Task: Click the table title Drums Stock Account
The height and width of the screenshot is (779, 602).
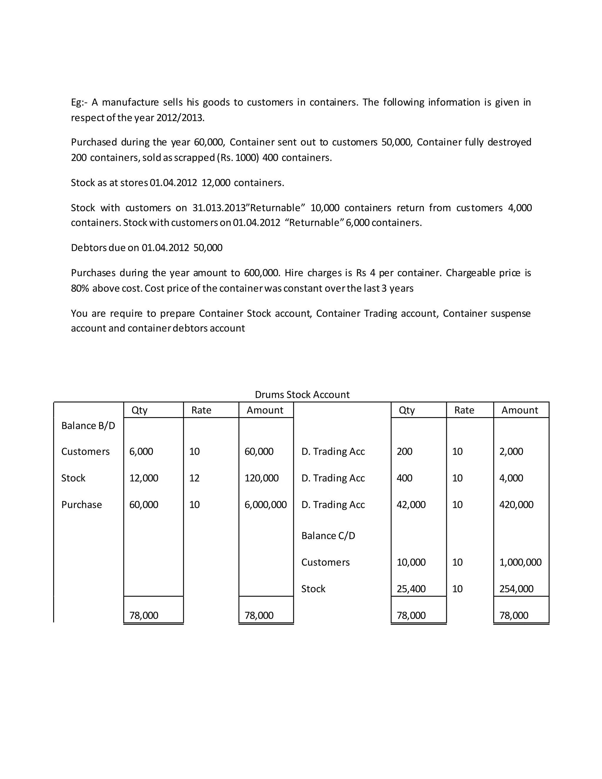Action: point(302,394)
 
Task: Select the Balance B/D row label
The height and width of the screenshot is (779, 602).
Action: point(88,426)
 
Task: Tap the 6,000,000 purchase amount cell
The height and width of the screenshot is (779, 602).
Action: point(265,504)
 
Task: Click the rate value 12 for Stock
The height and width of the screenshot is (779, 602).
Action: point(194,478)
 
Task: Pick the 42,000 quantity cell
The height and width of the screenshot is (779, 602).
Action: point(411,504)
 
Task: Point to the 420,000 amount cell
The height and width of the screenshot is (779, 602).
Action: point(516,504)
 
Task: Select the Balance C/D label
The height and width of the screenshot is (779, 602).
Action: point(328,535)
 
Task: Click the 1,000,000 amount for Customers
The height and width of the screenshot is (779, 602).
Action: point(520,562)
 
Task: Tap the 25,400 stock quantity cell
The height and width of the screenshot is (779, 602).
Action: point(411,589)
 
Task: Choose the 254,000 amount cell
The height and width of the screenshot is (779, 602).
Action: point(516,589)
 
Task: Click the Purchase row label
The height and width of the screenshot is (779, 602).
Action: point(81,504)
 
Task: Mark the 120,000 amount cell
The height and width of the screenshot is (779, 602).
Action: point(261,478)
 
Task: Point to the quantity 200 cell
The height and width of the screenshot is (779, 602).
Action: point(404,452)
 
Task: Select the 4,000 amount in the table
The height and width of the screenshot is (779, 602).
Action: point(511,478)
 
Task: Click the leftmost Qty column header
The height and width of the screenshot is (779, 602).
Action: point(139,410)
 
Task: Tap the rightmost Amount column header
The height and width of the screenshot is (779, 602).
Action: point(520,410)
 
